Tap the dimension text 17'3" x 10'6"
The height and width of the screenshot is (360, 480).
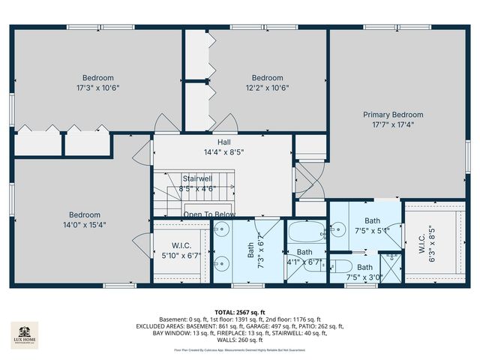[98, 87]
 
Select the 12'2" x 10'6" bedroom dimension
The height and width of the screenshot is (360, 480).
[267, 87]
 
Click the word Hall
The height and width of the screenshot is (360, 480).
[223, 142]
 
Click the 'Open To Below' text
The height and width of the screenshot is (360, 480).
[209, 214]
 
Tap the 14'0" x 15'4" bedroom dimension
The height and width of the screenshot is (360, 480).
[85, 223]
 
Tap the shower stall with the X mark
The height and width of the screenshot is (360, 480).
[390, 266]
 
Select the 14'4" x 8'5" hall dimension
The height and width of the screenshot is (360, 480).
[223, 151]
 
